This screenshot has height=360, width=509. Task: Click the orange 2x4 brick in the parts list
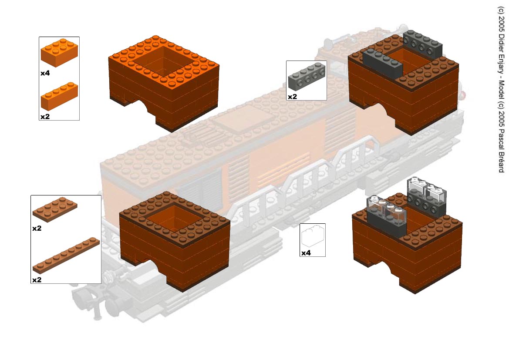click(59, 53)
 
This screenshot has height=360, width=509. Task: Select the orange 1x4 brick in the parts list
click(59, 96)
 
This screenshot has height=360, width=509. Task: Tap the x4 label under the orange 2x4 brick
click(45, 74)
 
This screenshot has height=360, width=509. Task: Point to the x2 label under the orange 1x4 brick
click(45, 117)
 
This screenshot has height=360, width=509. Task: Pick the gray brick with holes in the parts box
click(307, 77)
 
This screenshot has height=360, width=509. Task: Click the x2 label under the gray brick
click(293, 97)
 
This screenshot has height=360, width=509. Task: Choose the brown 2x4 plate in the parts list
click(55, 209)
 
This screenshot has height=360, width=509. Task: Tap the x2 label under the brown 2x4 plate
click(37, 229)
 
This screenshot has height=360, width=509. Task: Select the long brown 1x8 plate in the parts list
click(66, 256)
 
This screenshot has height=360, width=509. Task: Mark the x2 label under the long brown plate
click(37, 280)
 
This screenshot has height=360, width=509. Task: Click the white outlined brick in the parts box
click(313, 236)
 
